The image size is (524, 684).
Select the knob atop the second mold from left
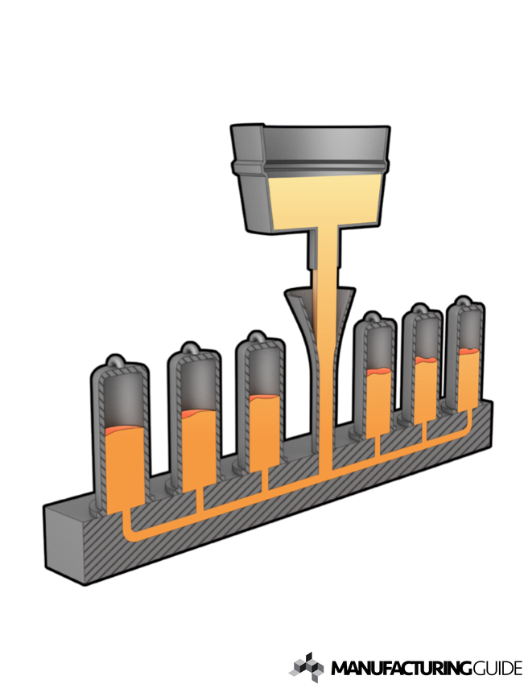[191, 348]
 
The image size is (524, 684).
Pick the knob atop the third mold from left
[256, 336]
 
